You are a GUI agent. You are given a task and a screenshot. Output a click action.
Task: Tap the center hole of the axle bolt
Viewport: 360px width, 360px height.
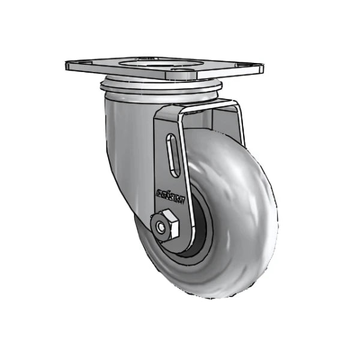(x=161, y=227)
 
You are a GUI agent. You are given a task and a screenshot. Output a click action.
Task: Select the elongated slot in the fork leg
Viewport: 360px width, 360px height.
(x=173, y=155)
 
